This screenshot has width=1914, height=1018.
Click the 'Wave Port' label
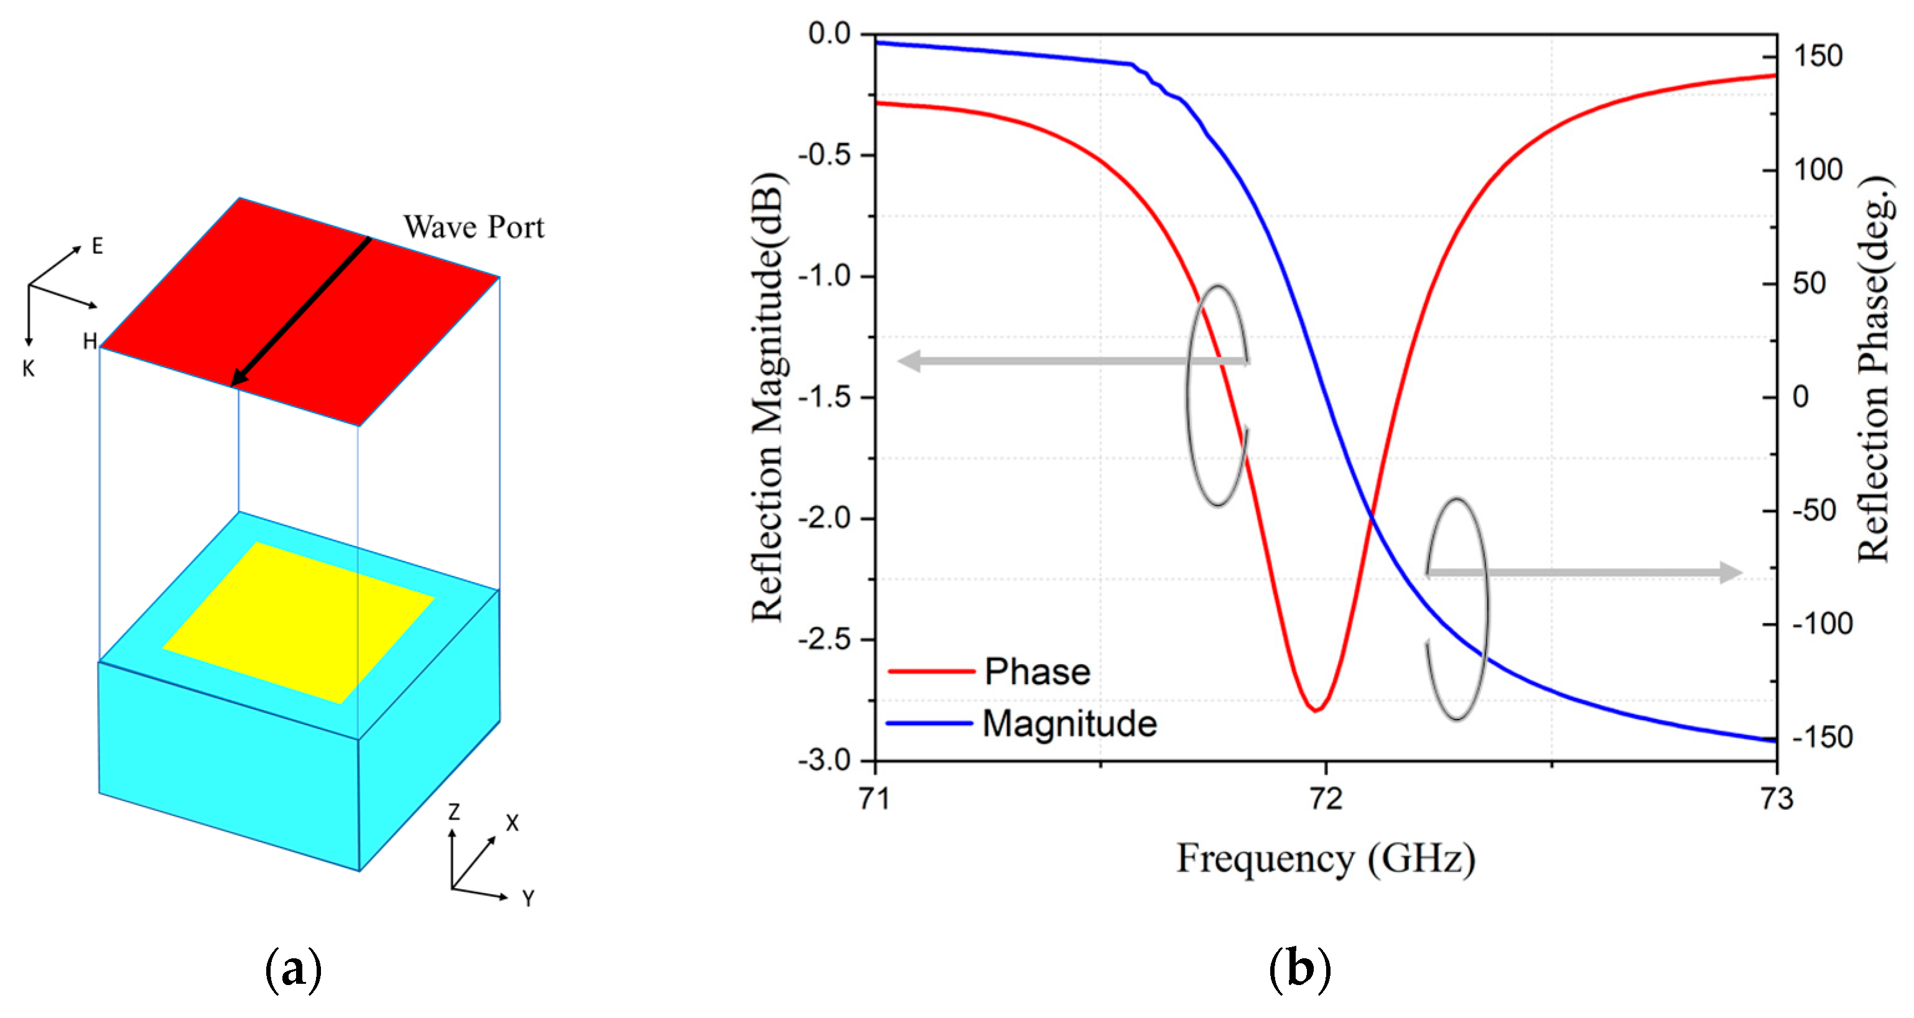473,228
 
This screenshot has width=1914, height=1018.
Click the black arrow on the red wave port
301,312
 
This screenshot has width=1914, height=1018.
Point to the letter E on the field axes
97,246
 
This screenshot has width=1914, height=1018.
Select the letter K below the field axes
28,369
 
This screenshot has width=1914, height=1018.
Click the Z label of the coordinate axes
453,812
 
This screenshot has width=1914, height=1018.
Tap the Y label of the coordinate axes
528,899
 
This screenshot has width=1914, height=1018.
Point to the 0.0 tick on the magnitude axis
829,34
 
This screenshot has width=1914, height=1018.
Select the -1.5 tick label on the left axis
824,397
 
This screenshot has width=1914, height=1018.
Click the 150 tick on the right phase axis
1818,57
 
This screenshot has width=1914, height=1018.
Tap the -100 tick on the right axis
1823,624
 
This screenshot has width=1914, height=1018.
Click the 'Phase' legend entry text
1038,672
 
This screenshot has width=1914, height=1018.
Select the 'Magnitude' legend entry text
1070,724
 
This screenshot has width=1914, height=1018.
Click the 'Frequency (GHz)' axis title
1326,859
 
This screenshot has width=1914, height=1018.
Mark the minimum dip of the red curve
1315,710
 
